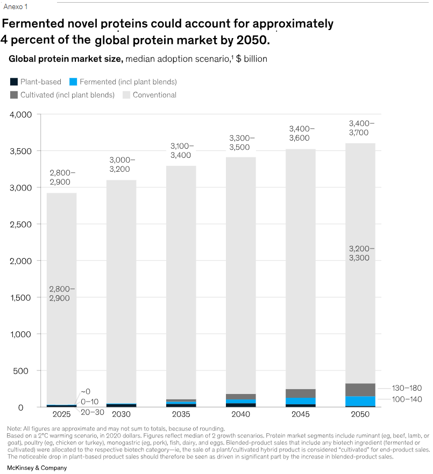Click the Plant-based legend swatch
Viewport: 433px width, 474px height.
click(13, 82)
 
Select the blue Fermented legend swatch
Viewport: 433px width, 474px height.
click(73, 82)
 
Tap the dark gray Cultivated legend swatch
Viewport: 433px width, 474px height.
click(13, 95)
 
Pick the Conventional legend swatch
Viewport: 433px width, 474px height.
click(126, 95)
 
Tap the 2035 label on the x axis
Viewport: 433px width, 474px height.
click(181, 414)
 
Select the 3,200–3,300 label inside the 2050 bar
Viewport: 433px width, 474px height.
click(361, 253)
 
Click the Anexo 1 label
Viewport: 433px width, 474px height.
click(15, 6)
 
